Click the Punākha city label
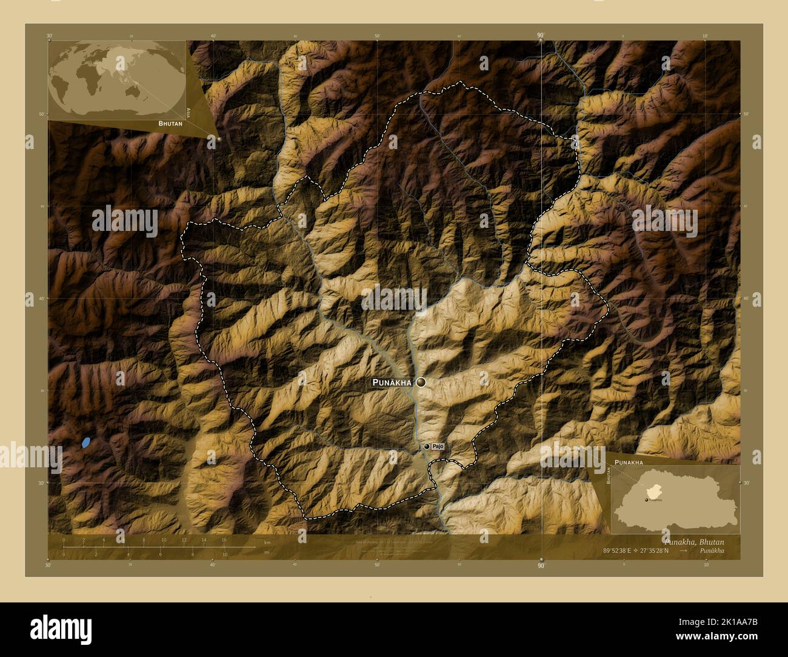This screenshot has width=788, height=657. tap(392, 382)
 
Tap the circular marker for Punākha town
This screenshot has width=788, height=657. tap(421, 382)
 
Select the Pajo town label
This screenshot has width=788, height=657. tap(438, 447)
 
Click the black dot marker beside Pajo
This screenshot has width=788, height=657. tap(427, 447)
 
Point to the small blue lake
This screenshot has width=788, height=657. tap(86, 442)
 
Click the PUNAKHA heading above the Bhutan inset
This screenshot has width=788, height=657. tap(629, 462)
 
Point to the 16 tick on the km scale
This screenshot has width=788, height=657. tap(224, 541)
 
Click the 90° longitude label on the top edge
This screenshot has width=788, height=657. tap(540, 36)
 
